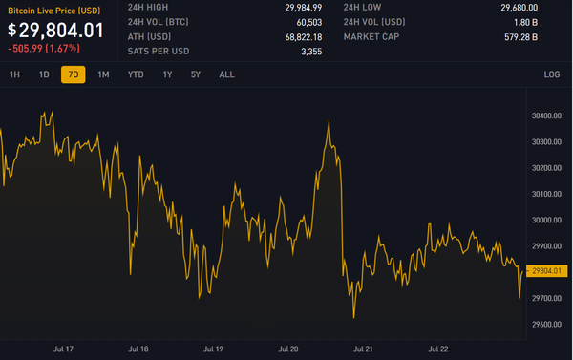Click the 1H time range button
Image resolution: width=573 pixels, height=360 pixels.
(x=14, y=74)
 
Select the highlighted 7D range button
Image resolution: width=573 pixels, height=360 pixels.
(x=73, y=74)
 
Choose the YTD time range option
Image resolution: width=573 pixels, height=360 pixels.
(x=136, y=74)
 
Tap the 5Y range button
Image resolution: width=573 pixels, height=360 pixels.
(x=196, y=74)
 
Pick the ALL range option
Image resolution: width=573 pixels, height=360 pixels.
(x=226, y=74)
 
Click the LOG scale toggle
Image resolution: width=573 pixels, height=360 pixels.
(x=552, y=74)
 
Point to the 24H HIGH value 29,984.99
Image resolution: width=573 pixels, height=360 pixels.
(x=301, y=8)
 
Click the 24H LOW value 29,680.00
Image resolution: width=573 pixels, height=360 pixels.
(x=519, y=8)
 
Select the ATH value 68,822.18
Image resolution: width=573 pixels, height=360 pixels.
(x=301, y=37)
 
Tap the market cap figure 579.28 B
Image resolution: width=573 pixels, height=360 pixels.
(x=521, y=37)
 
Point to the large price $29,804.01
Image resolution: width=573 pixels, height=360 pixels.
(x=55, y=30)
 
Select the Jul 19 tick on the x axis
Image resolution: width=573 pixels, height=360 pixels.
(x=213, y=349)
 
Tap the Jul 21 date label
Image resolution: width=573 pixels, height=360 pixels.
(x=363, y=349)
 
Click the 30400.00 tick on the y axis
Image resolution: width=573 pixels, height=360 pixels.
(x=544, y=116)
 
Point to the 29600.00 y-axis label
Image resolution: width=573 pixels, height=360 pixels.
(x=544, y=325)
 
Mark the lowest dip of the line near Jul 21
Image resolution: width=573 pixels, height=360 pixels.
(x=353, y=317)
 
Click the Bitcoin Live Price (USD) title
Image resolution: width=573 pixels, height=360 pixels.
(x=54, y=9)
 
